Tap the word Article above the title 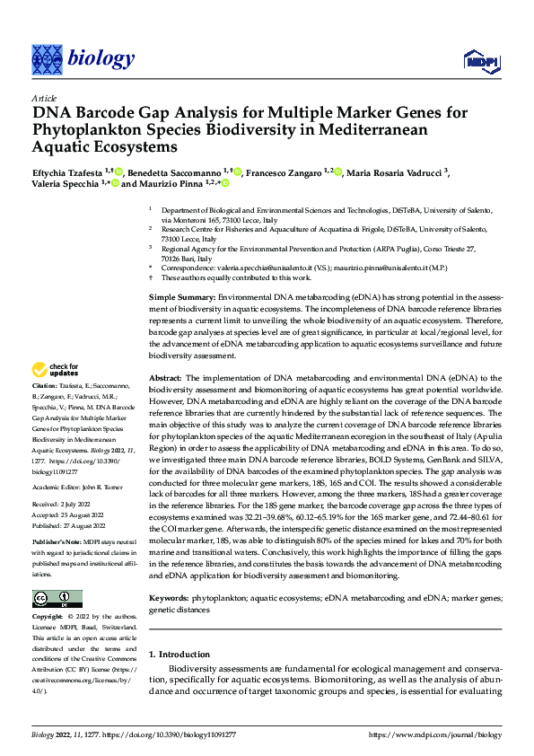click(44, 98)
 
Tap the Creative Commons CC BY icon click(57, 573)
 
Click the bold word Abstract click(165, 380)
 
